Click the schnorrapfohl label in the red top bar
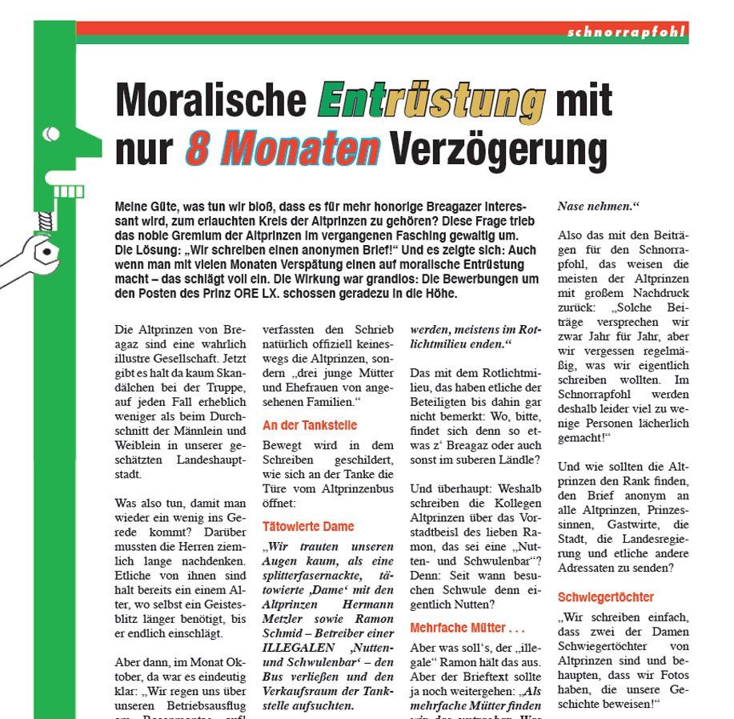[x=625, y=33]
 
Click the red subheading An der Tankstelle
[x=310, y=425]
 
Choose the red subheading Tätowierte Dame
[x=308, y=527]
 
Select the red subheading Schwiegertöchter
[x=606, y=597]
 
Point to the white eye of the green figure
[x=51, y=132]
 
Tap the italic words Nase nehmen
[x=599, y=207]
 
